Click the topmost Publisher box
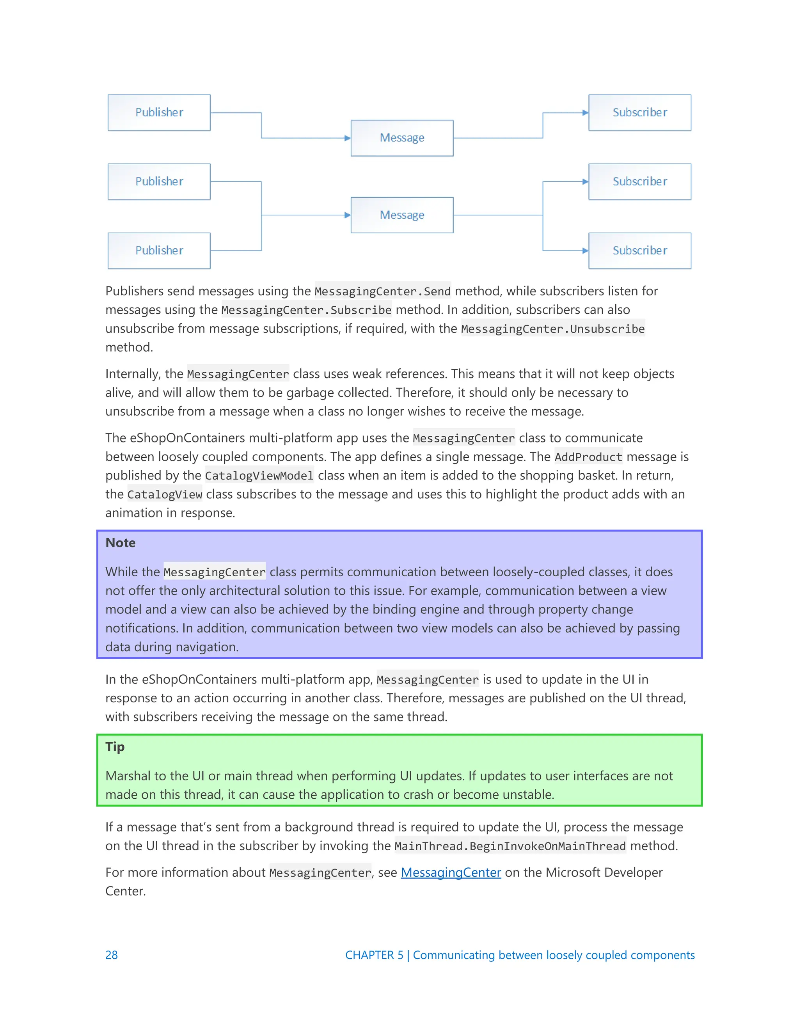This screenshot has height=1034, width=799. tap(159, 113)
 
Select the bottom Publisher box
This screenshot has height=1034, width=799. tap(159, 251)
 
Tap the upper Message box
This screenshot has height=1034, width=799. tap(402, 138)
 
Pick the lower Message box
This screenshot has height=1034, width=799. tap(402, 215)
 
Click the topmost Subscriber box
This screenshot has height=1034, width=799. tap(639, 113)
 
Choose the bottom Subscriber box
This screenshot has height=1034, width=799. tap(639, 251)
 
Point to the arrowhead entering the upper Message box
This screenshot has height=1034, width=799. tap(348, 138)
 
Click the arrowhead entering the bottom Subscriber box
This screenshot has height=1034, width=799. tap(585, 251)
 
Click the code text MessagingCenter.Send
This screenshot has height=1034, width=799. tap(382, 291)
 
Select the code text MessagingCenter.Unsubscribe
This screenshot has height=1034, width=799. tap(552, 329)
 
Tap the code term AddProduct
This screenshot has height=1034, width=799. tap(588, 457)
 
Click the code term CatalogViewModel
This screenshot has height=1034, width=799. tap(259, 476)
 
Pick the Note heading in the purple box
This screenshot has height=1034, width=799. tap(120, 543)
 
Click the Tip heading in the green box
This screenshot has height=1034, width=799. tap(115, 746)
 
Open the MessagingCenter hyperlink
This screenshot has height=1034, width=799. tap(451, 872)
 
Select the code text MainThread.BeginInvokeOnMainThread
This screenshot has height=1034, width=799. tap(510, 846)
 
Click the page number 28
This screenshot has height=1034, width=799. tap(111, 955)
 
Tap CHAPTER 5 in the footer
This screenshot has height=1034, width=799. tap(374, 955)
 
